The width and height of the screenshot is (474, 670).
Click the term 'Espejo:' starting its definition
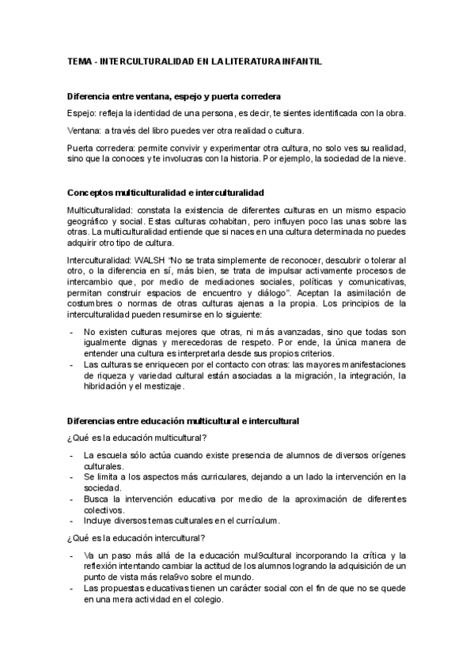[81, 113]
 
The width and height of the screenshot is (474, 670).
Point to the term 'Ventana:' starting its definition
[83, 130]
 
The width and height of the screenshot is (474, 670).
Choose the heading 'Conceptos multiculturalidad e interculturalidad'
[166, 193]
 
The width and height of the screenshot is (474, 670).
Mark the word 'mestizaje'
[161, 386]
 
